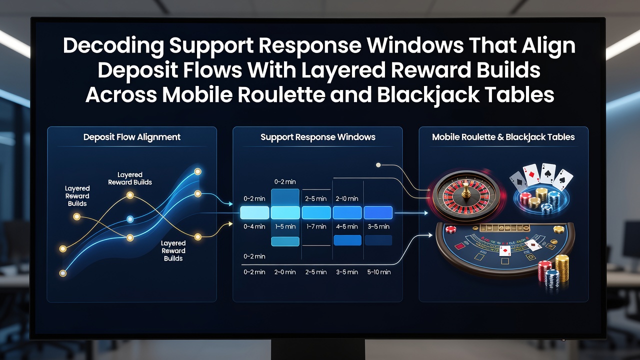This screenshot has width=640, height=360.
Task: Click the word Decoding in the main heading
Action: click(113, 45)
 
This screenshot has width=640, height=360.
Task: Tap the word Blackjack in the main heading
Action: click(427, 95)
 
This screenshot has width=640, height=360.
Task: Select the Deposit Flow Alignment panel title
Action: click(131, 137)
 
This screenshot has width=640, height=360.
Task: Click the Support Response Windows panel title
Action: click(317, 137)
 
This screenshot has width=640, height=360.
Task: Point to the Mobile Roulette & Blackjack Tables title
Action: click(503, 137)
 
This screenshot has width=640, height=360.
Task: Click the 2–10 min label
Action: click(347, 198)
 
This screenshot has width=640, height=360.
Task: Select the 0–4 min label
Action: click(254, 226)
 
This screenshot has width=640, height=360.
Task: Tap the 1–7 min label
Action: click(316, 226)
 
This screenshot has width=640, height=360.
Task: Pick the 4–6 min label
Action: click(347, 226)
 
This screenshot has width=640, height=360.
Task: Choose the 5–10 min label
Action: click(379, 272)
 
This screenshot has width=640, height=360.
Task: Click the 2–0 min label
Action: click(285, 272)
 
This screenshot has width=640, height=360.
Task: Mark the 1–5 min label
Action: click(285, 226)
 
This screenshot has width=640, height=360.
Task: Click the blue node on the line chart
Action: click(130, 219)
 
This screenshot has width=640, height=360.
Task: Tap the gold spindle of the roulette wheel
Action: click(466, 191)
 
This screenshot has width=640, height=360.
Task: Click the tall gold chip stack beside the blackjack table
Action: click(562, 268)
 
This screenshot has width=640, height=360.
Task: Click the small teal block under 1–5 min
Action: click(285, 241)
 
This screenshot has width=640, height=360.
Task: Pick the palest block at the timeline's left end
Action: click(254, 212)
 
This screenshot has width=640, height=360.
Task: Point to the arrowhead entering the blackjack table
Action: click(430, 235)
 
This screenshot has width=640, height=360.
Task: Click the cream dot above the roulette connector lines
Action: click(378, 165)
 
